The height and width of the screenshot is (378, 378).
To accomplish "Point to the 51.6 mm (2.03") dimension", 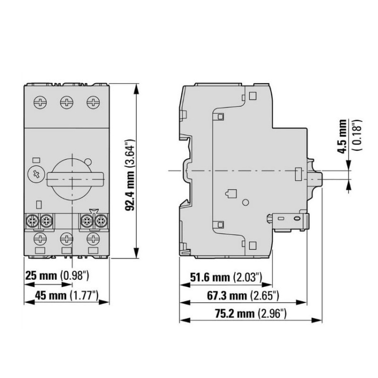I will click(226, 277).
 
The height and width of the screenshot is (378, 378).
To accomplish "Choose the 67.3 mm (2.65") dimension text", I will click(243, 295).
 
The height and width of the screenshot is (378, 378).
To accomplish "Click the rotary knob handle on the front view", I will click(75, 178).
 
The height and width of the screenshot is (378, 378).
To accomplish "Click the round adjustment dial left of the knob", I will click(36, 174).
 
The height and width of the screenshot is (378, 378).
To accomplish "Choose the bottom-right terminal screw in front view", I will click(93, 237).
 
